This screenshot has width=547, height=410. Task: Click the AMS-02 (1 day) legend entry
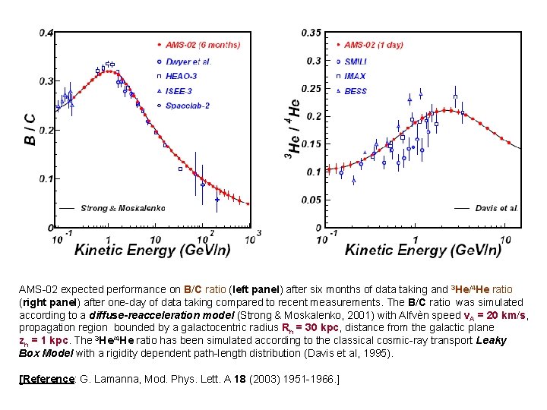[374, 45]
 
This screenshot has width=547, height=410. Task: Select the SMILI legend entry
[356, 61]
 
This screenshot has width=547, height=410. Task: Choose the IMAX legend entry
[355, 76]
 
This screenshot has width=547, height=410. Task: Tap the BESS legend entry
[356, 91]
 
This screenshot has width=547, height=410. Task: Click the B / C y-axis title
[30, 130]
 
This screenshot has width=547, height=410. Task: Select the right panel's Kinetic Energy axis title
[423, 248]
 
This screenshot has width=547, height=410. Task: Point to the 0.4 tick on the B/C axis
[46, 33]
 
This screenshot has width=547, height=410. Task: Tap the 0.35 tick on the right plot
[311, 33]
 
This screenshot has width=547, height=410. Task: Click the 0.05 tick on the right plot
[311, 200]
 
